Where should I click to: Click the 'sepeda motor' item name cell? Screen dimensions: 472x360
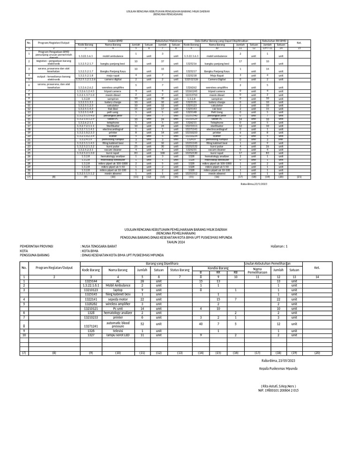pos(118,299)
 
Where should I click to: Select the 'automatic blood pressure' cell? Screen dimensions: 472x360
pos(118,324)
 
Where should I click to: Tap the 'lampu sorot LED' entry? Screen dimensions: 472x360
pos(118,335)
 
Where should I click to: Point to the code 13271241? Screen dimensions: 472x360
pos(91,324)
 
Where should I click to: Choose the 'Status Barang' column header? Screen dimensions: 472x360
pos(180,270)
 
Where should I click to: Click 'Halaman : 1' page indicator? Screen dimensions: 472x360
pos(279,246)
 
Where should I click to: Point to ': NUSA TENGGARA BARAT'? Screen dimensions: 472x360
pos(99,246)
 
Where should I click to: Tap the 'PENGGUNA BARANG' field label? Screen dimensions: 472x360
pos(35,255)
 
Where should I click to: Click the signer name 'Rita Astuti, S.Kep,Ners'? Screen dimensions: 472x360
pos(279,386)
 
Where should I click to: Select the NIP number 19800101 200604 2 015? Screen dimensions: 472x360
pos(278,390)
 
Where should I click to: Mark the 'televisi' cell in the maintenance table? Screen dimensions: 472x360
pos(118,331)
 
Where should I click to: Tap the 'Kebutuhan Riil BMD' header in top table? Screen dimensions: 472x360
pos(274,41)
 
